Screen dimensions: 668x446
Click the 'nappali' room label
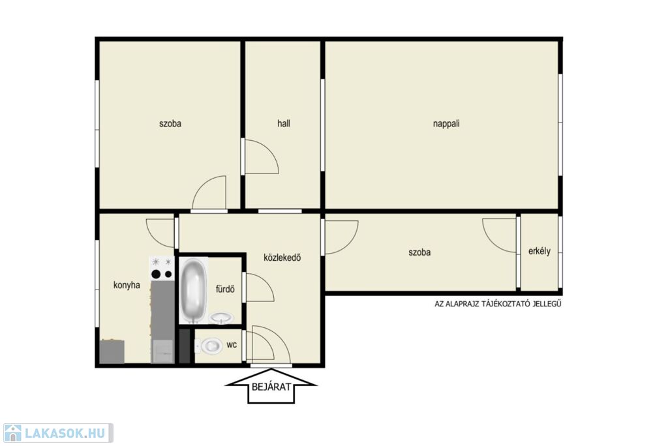coord(446,124)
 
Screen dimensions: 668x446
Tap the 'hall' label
coord(284,123)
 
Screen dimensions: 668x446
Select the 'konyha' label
coord(127,285)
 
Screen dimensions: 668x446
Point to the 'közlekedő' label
coord(282,258)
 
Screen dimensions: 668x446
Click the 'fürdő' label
coord(225,290)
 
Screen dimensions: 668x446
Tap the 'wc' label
coord(232,345)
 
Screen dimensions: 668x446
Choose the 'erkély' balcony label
coord(539,251)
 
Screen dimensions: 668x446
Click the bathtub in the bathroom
coord(194,290)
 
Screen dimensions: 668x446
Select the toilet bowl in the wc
coord(209,346)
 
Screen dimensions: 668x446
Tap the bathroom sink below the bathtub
coord(221,318)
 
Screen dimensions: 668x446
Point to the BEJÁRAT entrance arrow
coord(271,387)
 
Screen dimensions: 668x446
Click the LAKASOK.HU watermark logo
coord(58,433)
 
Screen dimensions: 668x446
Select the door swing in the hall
coord(261,156)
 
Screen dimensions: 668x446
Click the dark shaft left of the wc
coord(185,346)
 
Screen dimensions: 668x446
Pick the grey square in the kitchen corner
coord(112,351)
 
